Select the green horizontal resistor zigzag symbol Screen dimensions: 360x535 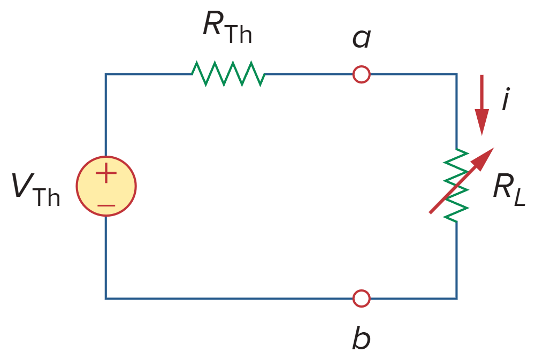[228, 74]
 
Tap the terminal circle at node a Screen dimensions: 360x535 [362, 74]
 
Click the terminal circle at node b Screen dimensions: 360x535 [362, 298]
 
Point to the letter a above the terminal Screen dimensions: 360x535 [362, 39]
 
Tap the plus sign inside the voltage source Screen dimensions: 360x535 [106, 173]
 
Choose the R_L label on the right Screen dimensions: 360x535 [509, 190]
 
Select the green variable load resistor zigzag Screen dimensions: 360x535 [456, 186]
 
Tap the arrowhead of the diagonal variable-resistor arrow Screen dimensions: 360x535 [485, 156]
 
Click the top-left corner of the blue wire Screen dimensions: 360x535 [106, 74]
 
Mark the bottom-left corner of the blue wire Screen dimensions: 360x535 [106, 298]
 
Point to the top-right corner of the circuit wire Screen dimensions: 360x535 [456, 74]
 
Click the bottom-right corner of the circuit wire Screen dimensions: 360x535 [456, 298]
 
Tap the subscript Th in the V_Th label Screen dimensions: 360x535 [48, 196]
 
